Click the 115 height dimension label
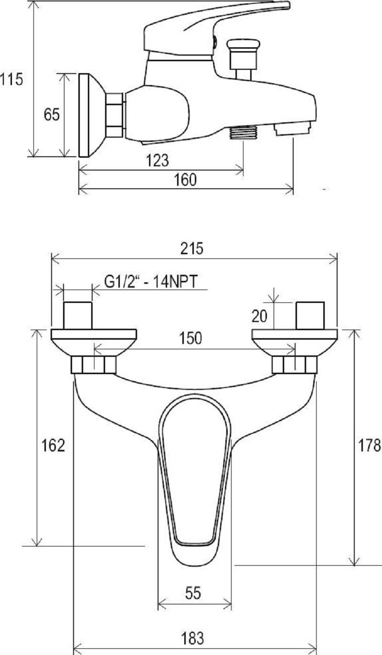click(x=11, y=79)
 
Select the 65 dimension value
click(x=52, y=114)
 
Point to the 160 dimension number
click(x=185, y=180)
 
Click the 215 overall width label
click(x=191, y=248)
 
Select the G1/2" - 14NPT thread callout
click(x=151, y=282)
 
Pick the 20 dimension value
click(x=260, y=316)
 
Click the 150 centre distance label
click(x=190, y=338)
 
